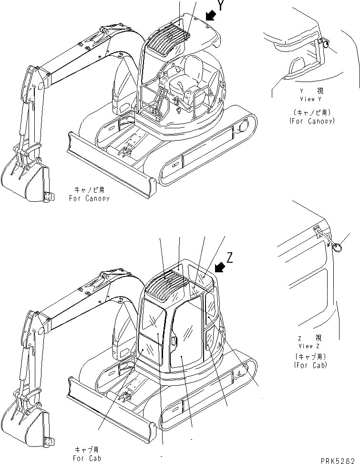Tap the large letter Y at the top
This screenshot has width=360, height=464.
[x=221, y=6]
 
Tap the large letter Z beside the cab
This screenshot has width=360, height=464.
[x=230, y=258]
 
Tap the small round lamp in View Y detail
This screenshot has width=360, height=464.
[x=326, y=44]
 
